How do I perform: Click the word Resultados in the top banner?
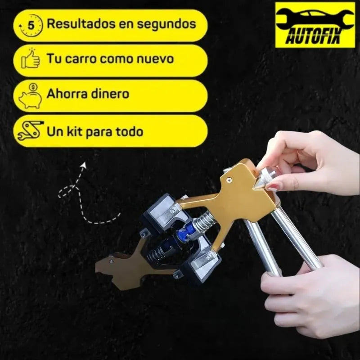click(81, 23)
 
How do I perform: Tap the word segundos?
click(166, 25)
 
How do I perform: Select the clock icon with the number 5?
click(31, 25)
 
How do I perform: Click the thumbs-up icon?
click(31, 58)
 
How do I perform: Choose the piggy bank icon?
click(30, 96)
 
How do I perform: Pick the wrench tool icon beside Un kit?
click(30, 130)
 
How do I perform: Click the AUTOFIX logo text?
click(313, 36)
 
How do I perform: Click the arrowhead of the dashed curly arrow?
click(84, 165)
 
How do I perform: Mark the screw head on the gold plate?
click(229, 180)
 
